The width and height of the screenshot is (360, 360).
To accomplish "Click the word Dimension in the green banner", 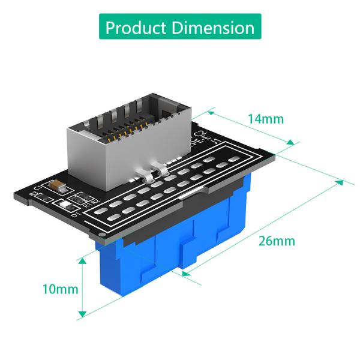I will [212, 28].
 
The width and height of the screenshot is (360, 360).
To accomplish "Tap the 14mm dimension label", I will [265, 118].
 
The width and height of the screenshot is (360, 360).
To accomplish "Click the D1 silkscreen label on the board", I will [75, 213].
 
